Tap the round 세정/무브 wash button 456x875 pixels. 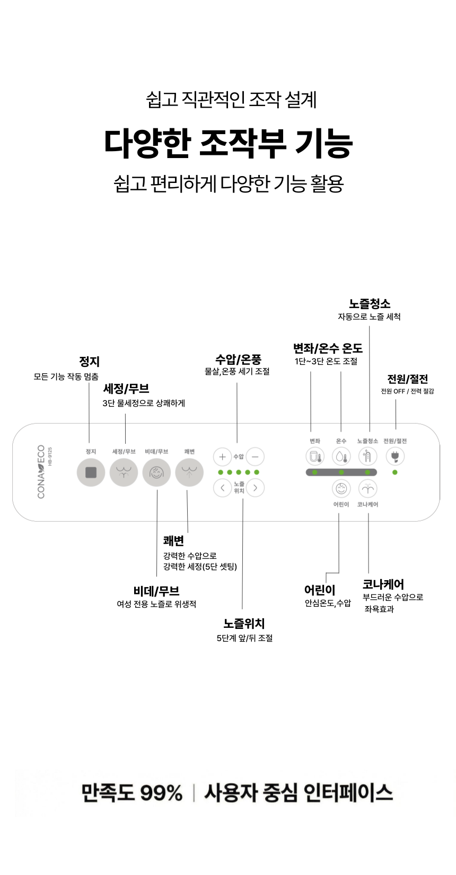[124, 472]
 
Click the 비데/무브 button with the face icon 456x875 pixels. [156, 472]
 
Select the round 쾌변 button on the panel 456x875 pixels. [189, 472]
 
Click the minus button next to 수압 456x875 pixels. [256, 457]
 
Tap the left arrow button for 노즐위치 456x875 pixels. [223, 488]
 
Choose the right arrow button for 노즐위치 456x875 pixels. [256, 488]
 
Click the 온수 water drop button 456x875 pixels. [341, 456]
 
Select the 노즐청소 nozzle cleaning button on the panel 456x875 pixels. [367, 456]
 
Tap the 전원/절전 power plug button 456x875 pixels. [395, 456]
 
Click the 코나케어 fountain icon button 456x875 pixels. [367, 488]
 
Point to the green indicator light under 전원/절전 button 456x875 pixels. [395, 472]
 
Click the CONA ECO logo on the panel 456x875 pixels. [41, 472]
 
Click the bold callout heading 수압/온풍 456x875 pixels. [238, 360]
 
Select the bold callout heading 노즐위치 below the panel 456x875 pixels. [244, 624]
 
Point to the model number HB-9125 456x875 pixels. [50, 456]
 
